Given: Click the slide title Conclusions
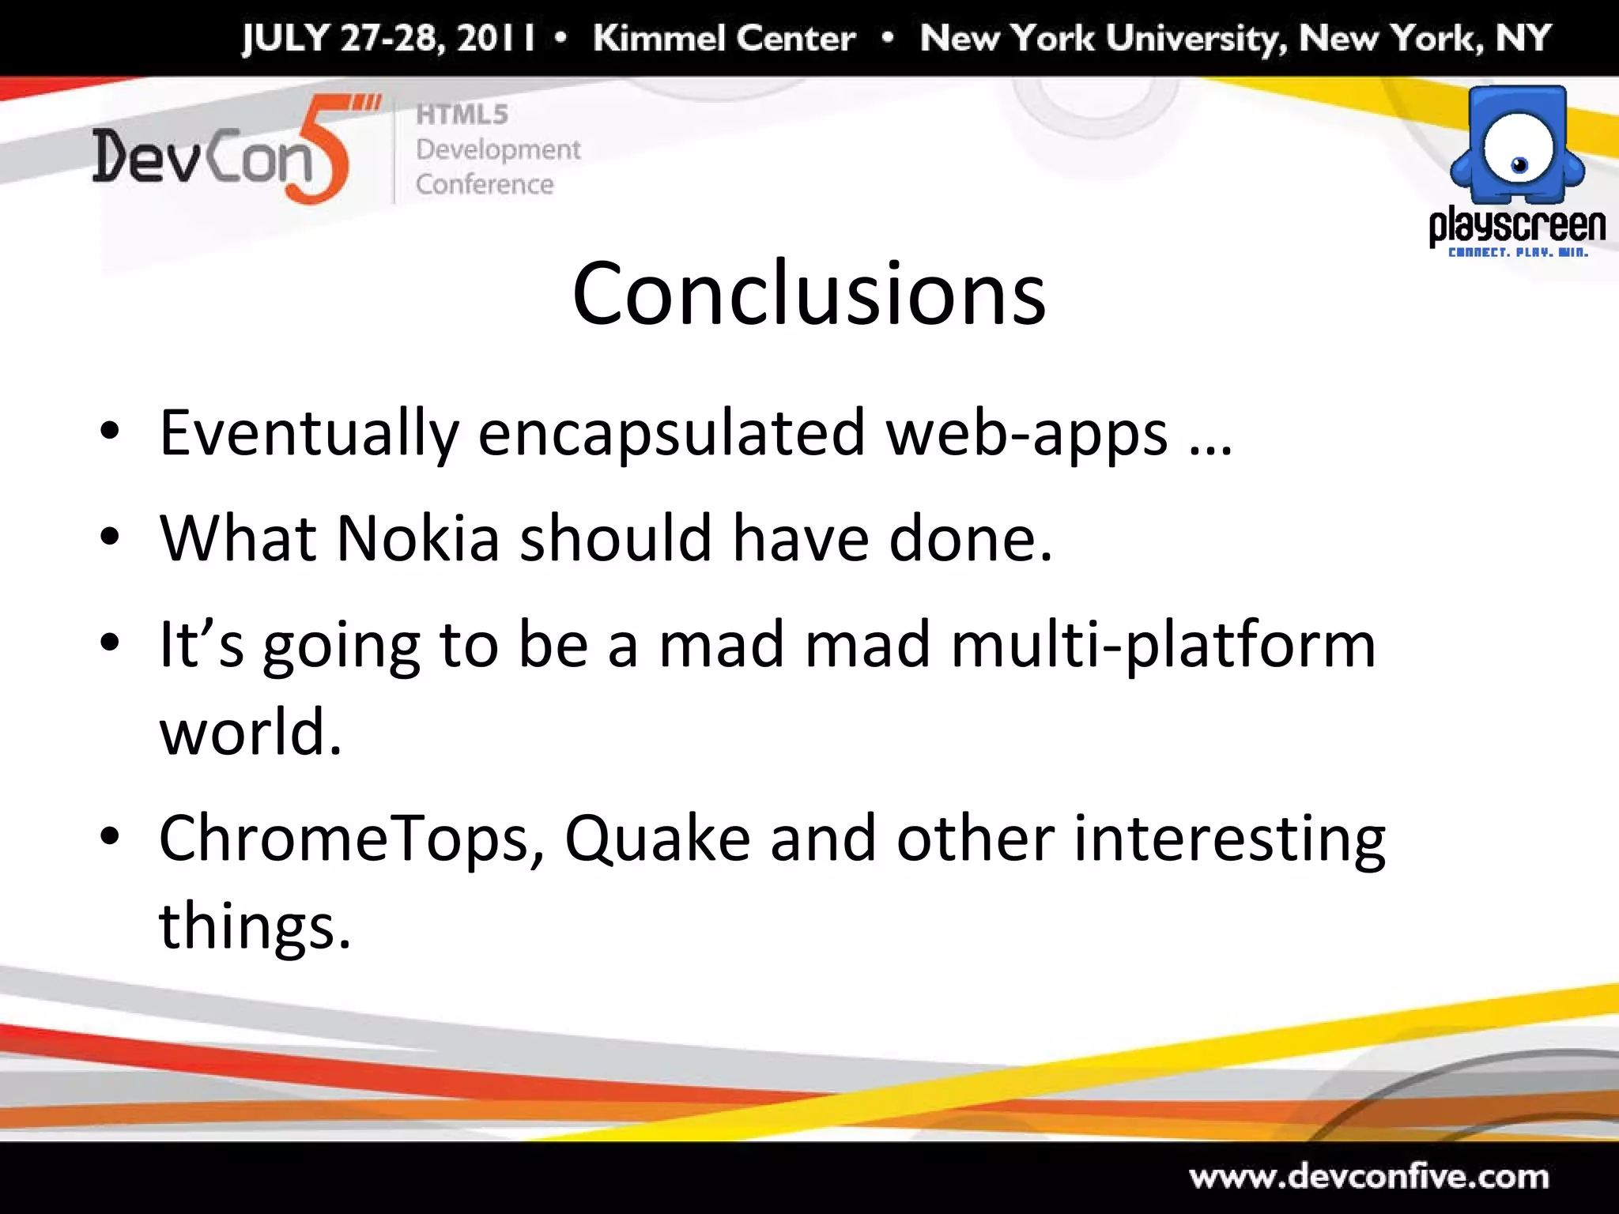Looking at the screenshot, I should click(x=809, y=294).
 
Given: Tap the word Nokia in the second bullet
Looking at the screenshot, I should click(x=418, y=538).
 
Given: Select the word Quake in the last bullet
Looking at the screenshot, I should click(x=657, y=839).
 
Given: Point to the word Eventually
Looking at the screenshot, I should click(x=309, y=434).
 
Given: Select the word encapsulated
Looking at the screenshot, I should click(x=671, y=434).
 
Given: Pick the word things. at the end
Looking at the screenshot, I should click(x=255, y=926).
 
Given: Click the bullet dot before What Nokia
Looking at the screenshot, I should click(x=110, y=537).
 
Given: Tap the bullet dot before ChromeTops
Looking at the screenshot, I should click(x=110, y=837).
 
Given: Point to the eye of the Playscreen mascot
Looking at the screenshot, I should click(x=1519, y=164).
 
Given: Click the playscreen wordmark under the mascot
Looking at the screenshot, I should click(x=1517, y=226).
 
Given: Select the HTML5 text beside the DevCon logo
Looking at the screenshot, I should click(x=462, y=115).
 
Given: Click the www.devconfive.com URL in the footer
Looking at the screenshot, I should click(x=1369, y=1177).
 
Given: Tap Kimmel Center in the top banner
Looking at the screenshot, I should click(x=724, y=38).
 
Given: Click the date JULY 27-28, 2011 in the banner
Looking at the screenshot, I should click(x=388, y=38).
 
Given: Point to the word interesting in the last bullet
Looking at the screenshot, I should click(x=1229, y=839).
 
